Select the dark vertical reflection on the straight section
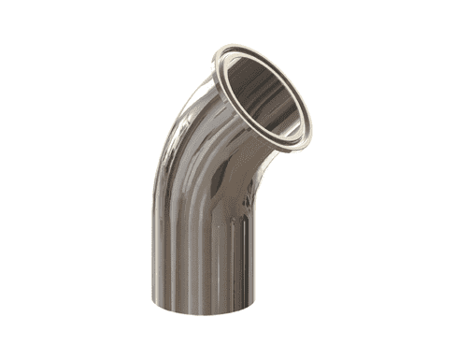187,252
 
